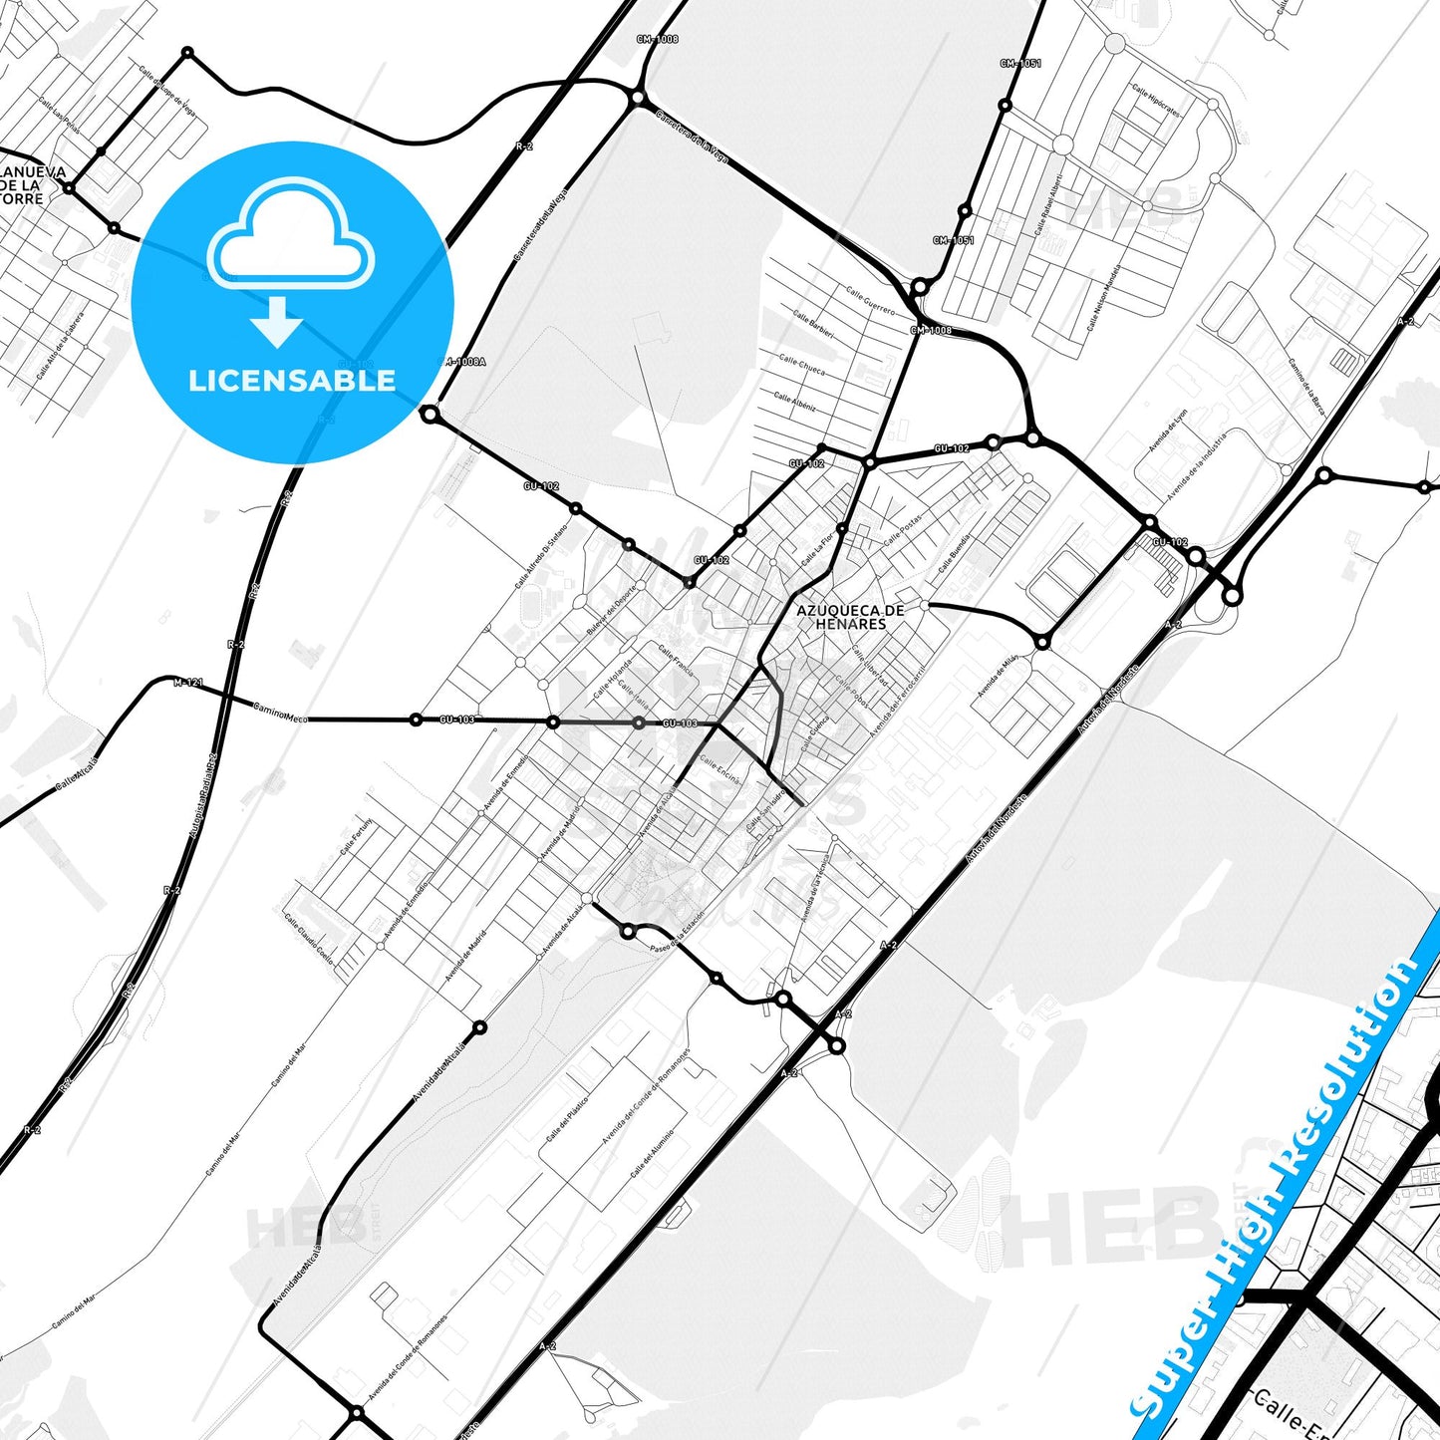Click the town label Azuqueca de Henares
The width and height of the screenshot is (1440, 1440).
[850, 617]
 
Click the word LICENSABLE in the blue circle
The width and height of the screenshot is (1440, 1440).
[292, 381]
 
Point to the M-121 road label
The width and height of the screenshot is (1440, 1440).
[188, 683]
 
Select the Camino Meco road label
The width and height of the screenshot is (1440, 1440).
[281, 713]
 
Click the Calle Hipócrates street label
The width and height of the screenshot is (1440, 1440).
[1156, 101]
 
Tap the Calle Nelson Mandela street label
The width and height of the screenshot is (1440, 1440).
[1104, 298]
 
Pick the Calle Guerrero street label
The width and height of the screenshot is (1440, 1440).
[871, 300]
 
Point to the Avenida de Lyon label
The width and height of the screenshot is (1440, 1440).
[1168, 430]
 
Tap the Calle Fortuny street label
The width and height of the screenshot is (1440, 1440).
[357, 836]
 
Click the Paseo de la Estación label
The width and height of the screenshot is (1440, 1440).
[677, 931]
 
